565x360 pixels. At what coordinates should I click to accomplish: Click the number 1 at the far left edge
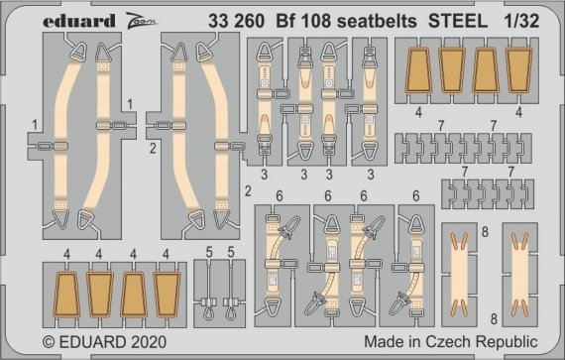pos(35,124)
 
